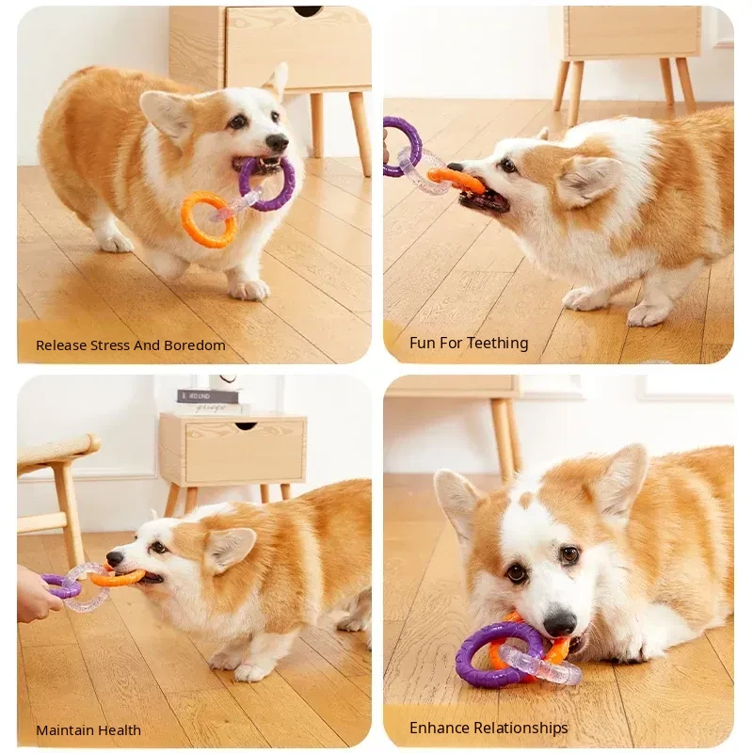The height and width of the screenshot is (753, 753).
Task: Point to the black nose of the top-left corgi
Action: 277,142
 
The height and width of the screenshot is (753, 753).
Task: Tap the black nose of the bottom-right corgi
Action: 559,623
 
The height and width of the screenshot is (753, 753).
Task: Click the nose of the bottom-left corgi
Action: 115,558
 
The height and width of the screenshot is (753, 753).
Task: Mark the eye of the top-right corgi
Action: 507,166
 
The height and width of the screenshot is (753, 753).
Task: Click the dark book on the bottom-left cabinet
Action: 208,396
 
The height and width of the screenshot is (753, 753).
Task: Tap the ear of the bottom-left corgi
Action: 231,548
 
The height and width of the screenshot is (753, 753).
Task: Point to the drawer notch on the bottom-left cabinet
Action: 246,425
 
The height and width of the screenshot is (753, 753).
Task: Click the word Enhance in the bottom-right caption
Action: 439,728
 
